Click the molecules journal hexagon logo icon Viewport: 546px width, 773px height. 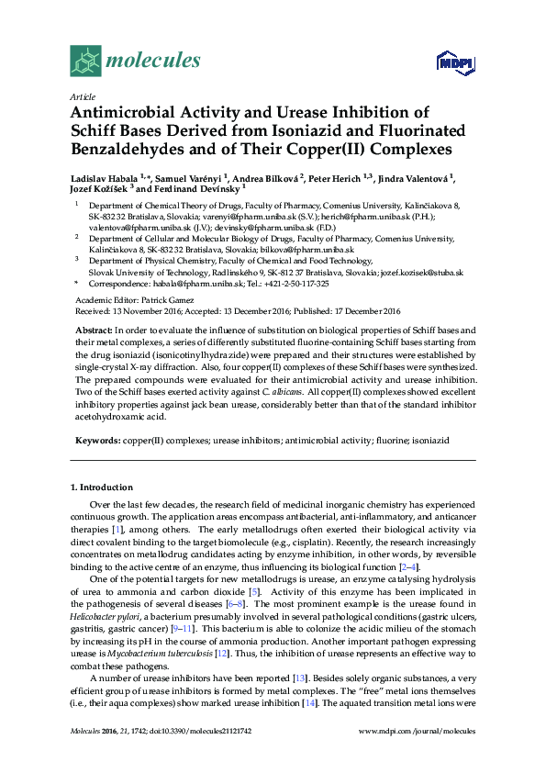pyautogui.click(x=85, y=62)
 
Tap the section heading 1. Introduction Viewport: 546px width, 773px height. pyautogui.click(x=101, y=487)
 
